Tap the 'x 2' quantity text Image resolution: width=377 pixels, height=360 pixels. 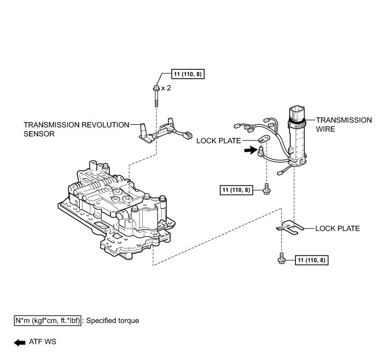165,88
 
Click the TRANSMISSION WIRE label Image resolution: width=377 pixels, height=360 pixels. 343,124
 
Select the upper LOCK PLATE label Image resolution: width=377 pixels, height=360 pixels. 218,141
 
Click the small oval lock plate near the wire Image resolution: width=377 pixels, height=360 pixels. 264,140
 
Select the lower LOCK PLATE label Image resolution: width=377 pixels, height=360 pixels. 337,229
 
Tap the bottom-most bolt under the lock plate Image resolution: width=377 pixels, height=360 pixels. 282,259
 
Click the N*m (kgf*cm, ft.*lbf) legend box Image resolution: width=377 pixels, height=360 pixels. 48,321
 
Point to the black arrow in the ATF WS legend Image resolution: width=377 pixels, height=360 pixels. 19,343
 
